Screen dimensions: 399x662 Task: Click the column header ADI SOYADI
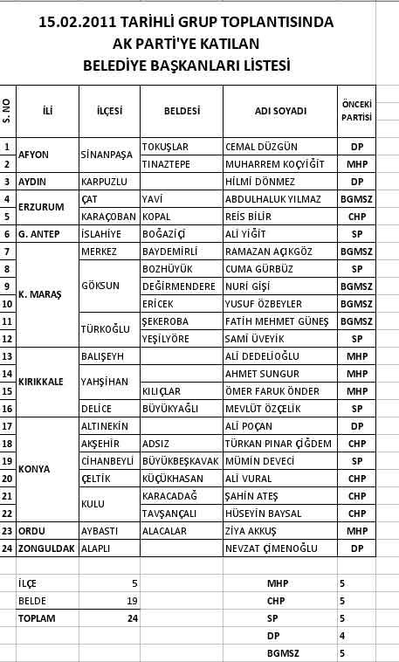(x=279, y=111)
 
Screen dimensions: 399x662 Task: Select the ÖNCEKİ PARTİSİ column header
(x=356, y=110)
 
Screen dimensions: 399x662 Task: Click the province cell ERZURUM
(x=41, y=207)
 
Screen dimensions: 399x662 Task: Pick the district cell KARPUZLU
(x=104, y=182)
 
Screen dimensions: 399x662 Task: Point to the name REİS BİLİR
(x=247, y=217)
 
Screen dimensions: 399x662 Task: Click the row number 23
(x=8, y=530)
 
